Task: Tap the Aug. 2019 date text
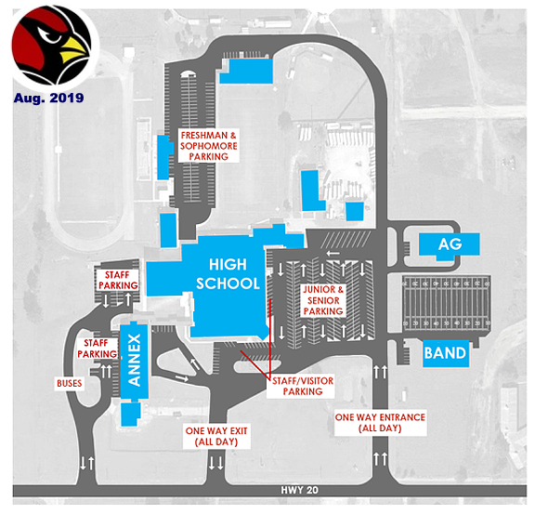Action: click(49, 98)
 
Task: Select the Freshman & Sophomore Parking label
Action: click(208, 146)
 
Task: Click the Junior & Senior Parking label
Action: click(323, 300)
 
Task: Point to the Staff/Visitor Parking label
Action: click(303, 386)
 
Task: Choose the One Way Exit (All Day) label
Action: click(216, 436)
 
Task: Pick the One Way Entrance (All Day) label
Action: click(380, 423)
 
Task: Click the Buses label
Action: click(70, 383)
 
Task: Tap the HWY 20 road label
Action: click(300, 490)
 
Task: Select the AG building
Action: click(449, 244)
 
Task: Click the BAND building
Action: click(445, 353)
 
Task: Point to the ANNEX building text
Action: click(134, 361)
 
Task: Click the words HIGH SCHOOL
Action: click(228, 274)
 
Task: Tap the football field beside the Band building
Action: click(447, 304)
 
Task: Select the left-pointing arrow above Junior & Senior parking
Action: click(333, 254)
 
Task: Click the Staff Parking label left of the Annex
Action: click(97, 349)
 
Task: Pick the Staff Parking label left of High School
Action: click(118, 280)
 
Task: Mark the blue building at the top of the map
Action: click(247, 71)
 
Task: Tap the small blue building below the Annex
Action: click(131, 415)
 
